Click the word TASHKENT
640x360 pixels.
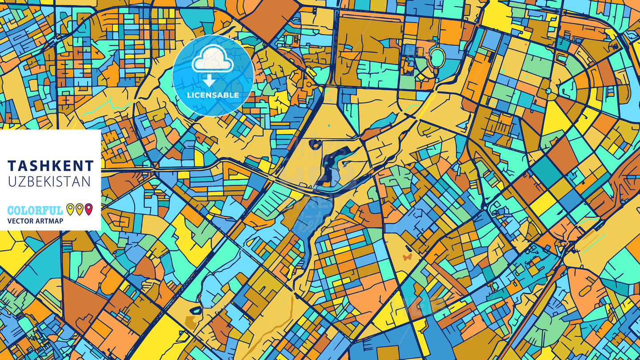tap(51, 166)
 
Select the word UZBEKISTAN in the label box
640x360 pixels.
tap(49, 181)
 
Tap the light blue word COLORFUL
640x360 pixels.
tap(35, 210)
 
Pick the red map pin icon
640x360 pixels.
tap(89, 209)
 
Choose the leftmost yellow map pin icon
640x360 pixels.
tap(70, 209)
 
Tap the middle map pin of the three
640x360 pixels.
tap(80, 209)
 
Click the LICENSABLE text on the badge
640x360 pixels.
tap(213, 95)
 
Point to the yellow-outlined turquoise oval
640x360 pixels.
tap(437, 58)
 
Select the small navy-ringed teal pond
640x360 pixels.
tap(196, 310)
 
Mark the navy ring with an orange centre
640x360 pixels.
tap(315, 144)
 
